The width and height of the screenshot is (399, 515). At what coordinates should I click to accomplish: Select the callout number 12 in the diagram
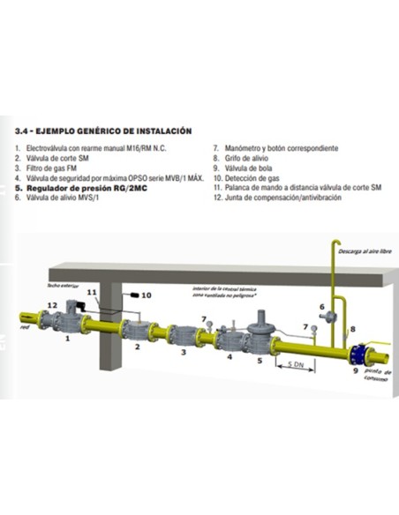tap(52, 305)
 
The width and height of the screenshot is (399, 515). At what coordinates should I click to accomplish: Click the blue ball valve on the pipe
tap(358, 354)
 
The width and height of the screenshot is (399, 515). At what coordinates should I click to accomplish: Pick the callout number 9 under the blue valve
tap(357, 373)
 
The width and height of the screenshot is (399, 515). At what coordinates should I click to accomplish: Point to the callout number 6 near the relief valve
tap(321, 307)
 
